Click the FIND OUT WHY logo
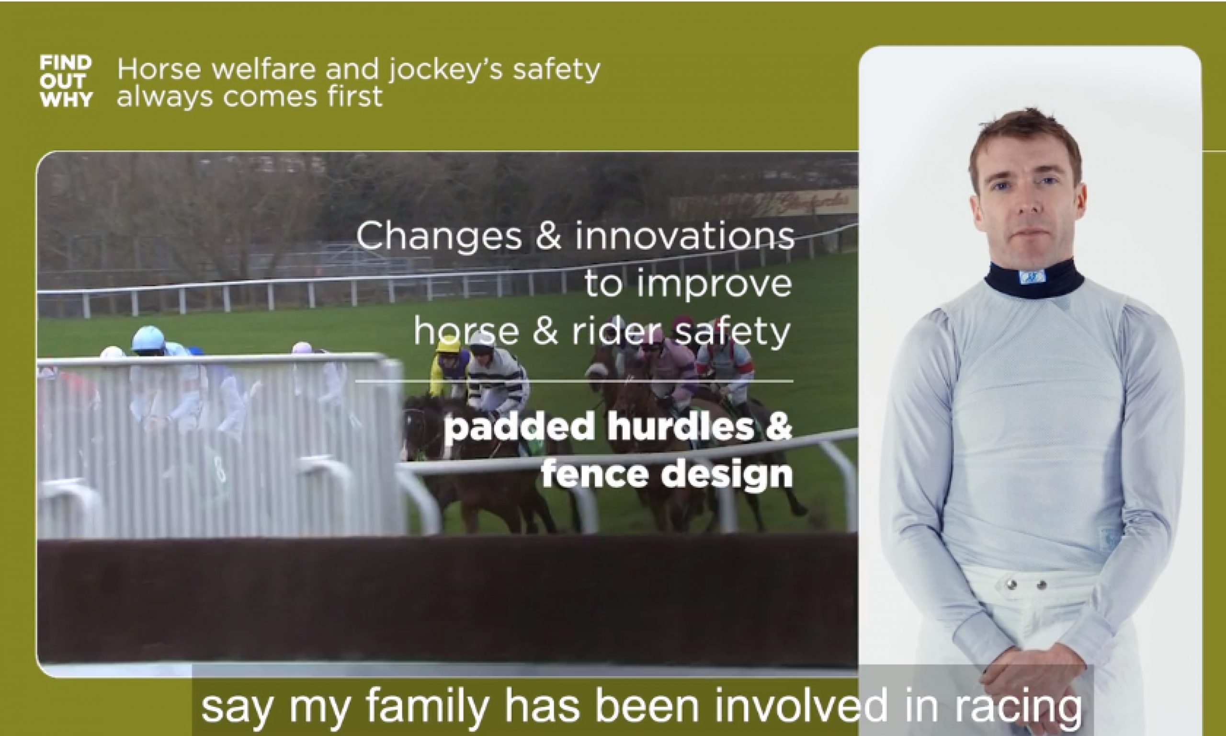click(x=66, y=81)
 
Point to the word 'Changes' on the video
click(x=439, y=237)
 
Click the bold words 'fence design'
click(x=667, y=473)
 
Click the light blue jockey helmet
click(x=148, y=338)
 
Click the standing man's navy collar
click(x=1033, y=278)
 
